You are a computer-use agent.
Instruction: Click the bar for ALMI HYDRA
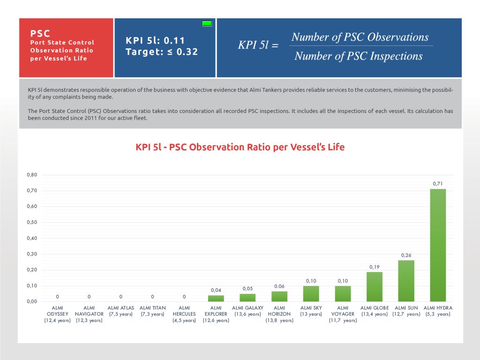[x=438, y=245]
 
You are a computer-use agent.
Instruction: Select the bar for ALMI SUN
[x=406, y=281]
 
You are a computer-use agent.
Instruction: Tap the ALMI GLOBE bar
[x=374, y=286]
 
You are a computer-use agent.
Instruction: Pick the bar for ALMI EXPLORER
[x=216, y=298]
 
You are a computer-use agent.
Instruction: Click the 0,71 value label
[x=438, y=183]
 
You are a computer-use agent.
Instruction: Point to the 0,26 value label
[x=406, y=255]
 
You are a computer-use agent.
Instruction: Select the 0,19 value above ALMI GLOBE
[x=374, y=267]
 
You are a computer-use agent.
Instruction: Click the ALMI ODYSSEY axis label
[x=58, y=314]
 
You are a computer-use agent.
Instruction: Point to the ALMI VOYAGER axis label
[x=343, y=314]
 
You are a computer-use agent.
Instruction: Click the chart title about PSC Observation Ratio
[x=240, y=147]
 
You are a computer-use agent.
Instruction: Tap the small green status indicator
[x=207, y=23]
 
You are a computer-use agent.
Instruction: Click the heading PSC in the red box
[x=40, y=33]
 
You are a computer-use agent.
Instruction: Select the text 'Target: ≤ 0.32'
[x=162, y=52]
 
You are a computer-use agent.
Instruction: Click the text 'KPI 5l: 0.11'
[x=155, y=40]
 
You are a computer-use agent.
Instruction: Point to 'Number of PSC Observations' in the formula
[x=360, y=37]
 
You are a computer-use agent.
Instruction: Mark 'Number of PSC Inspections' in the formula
[x=359, y=56]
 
